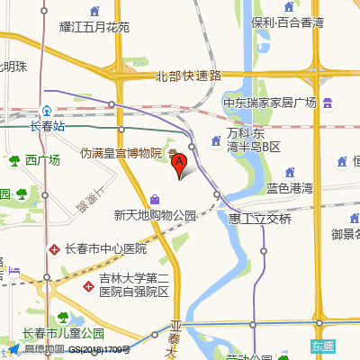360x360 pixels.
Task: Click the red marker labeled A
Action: click(179, 165)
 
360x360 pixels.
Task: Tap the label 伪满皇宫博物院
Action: click(121, 154)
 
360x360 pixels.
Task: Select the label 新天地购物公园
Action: click(155, 215)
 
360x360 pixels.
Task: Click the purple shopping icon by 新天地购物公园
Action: click(155, 199)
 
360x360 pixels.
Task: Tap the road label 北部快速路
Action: click(188, 76)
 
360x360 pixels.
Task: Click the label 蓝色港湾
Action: click(290, 187)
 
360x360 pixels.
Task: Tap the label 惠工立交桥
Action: click(260, 219)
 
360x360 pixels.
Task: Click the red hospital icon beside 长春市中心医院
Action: click(55, 247)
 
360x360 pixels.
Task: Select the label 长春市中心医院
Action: click(103, 248)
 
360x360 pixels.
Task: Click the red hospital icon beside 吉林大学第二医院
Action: click(88, 285)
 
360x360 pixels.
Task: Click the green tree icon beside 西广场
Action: click(14, 161)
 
